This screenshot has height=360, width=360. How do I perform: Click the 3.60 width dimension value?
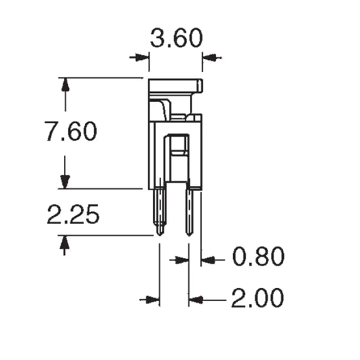176,38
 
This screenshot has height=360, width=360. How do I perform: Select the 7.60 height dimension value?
71,131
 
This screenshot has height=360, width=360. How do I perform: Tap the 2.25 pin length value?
73,214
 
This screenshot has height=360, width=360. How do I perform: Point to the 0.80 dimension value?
259,256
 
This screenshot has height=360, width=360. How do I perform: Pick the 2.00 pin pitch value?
258,298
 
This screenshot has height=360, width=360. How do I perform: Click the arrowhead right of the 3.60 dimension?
209,57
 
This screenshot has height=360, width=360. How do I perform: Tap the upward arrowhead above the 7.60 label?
66,85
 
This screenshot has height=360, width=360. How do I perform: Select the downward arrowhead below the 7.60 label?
65,182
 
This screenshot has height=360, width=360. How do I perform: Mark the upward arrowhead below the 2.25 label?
65,242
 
